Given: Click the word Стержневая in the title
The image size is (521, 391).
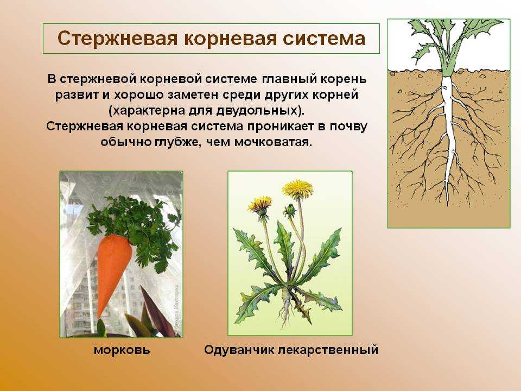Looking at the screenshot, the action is (118, 38).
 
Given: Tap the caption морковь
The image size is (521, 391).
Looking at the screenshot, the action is (122, 350).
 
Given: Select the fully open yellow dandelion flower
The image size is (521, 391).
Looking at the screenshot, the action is (297, 189).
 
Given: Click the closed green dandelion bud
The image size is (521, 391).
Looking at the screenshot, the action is (289, 210).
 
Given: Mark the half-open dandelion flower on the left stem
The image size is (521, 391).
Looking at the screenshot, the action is (260, 206).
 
